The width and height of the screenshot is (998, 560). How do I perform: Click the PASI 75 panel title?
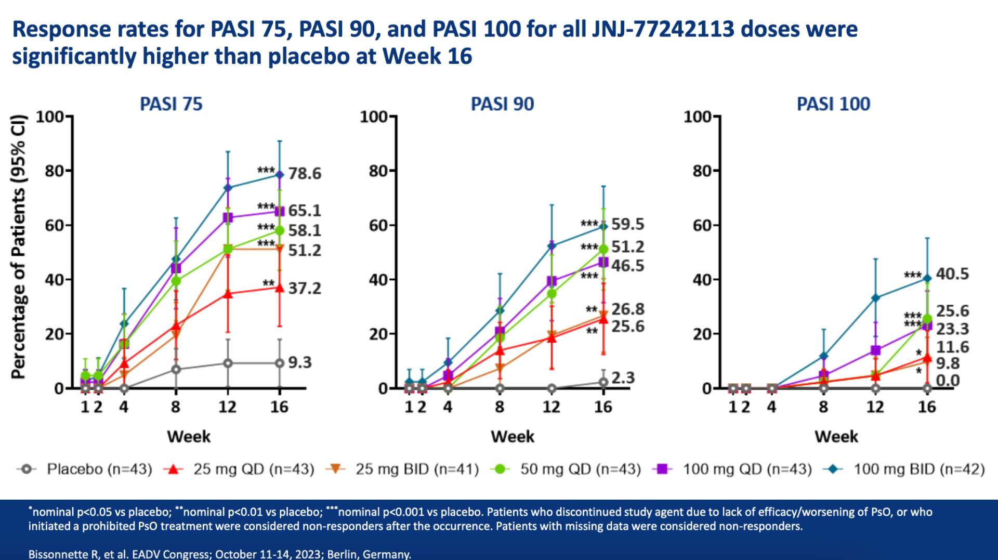point(171,104)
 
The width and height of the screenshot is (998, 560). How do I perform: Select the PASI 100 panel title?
point(833,104)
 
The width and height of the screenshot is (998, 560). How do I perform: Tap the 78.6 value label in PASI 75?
point(305,173)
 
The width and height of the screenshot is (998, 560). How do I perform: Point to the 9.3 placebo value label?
point(300,362)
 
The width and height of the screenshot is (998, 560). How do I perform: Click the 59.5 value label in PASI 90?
point(627,224)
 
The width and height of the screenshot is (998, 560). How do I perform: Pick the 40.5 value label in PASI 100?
point(952,274)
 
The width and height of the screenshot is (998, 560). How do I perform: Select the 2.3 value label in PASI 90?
point(623,377)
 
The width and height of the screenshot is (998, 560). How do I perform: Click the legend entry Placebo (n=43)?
point(99,469)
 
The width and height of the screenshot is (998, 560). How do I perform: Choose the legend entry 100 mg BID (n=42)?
point(918,469)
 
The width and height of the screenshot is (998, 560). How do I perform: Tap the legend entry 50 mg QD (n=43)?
point(580,469)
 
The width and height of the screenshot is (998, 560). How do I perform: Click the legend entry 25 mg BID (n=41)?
point(416,469)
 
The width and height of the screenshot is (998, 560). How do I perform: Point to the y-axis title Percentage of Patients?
point(18,247)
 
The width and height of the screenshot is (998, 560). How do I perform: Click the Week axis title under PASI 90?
point(512,436)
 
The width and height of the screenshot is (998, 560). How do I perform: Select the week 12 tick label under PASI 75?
point(227,407)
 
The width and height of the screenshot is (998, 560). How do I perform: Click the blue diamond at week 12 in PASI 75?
point(228,188)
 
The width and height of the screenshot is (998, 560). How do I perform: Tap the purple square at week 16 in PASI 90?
point(603,263)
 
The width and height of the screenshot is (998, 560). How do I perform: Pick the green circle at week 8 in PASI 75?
point(176,281)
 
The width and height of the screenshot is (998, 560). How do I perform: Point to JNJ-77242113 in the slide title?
point(663,29)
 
